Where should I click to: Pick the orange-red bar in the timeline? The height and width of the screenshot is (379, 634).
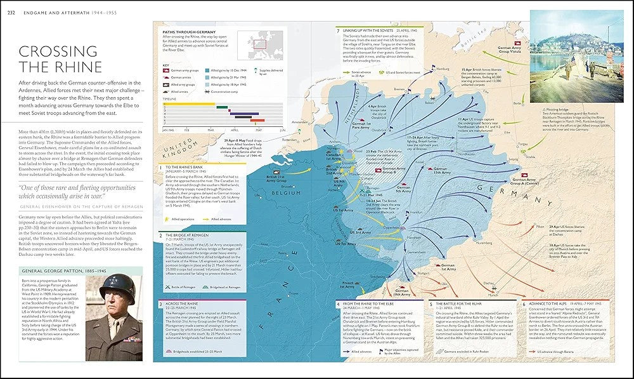257,119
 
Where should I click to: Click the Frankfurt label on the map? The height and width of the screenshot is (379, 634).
413,211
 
